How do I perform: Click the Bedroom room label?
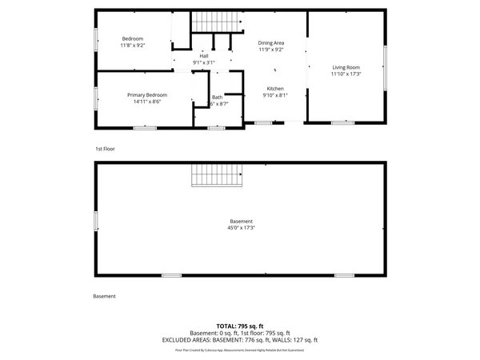[x=132, y=39]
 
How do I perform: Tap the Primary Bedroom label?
[x=147, y=94]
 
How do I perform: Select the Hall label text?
[x=204, y=55]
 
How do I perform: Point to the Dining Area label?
[x=271, y=42]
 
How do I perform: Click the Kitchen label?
[x=275, y=88]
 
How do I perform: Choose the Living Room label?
[x=346, y=67]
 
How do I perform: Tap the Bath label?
[x=218, y=97]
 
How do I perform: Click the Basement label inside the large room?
[x=241, y=222]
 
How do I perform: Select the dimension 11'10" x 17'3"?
[x=346, y=74]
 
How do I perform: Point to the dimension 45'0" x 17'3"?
[x=241, y=229]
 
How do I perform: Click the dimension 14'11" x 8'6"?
[x=147, y=102]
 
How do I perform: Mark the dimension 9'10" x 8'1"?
[x=275, y=95]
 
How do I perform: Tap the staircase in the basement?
[x=216, y=174]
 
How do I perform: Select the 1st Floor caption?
[x=106, y=149]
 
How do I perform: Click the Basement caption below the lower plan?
[x=105, y=296]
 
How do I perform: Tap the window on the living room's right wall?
[x=386, y=67]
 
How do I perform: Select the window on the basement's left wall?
[x=95, y=220]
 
